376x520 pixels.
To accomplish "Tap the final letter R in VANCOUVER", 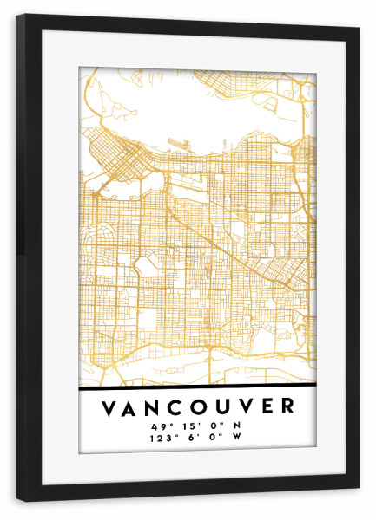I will pyautogui.click(x=288, y=407).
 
